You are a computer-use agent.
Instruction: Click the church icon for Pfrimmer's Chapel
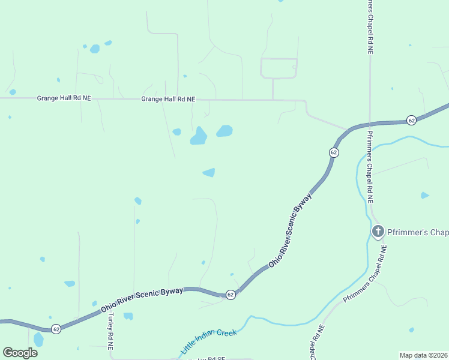pyautogui.click(x=378, y=232)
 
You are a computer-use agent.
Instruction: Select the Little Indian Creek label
pyautogui.click(x=208, y=340)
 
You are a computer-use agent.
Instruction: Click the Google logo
pyautogui.click(x=20, y=353)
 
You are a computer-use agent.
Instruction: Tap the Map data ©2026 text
pyautogui.click(x=423, y=355)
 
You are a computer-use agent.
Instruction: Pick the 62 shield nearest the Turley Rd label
pyautogui.click(x=56, y=329)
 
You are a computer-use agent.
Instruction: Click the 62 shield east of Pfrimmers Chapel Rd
pyautogui.click(x=411, y=120)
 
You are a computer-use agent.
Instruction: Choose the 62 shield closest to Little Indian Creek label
pyautogui.click(x=230, y=295)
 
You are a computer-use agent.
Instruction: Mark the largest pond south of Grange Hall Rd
pyautogui.click(x=199, y=136)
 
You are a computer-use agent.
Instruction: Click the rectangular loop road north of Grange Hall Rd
pyautogui.click(x=279, y=68)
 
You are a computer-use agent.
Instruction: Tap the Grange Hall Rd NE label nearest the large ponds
pyautogui.click(x=168, y=99)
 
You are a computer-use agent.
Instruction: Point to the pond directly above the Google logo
pyautogui.click(x=38, y=340)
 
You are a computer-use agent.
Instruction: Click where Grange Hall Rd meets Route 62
pyautogui.click(x=349, y=129)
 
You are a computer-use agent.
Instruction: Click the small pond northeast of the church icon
pyautogui.click(x=425, y=195)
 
